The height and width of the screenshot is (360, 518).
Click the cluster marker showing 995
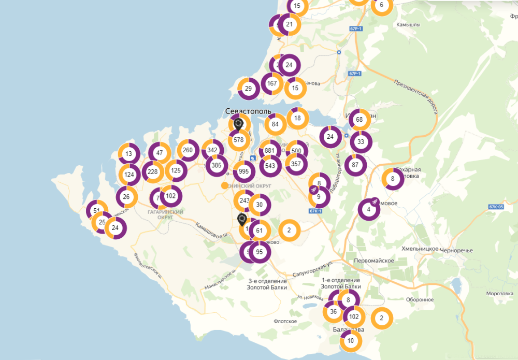pos(244,172)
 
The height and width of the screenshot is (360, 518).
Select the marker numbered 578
pos(239,140)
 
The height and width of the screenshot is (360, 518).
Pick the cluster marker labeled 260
pos(188,150)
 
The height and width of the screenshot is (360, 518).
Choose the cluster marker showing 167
pos(272,83)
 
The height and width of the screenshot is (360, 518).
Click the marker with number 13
pos(129,154)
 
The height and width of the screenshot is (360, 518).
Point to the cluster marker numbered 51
pos(96,211)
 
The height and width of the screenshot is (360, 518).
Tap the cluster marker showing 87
pos(355,165)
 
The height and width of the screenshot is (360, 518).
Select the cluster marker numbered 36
pos(333,312)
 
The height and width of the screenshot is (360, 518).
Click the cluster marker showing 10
pos(351,341)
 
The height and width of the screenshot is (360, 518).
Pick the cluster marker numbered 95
pos(260,252)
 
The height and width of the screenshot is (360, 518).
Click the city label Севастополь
pos(248,111)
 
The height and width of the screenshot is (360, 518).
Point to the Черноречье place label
pos(456,250)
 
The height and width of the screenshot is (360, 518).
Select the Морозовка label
pos(500,294)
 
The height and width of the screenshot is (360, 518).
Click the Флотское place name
pos(285,321)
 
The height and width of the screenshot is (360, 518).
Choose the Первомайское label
pos(374,261)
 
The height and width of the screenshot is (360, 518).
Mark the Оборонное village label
pos(419,299)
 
